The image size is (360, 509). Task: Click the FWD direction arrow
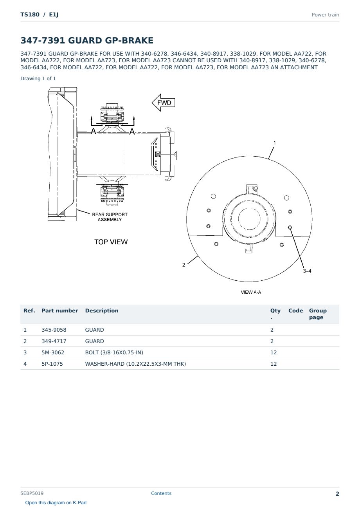pyautogui.click(x=164, y=103)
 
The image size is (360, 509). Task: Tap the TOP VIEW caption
pyautogui.click(x=111, y=242)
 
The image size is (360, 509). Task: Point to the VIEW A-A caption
pyautogui.click(x=251, y=292)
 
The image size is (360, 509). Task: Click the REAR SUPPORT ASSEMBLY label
pyautogui.click(x=110, y=217)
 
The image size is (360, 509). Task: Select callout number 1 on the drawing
pyautogui.click(x=275, y=143)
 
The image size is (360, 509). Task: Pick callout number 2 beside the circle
pyautogui.click(x=184, y=265)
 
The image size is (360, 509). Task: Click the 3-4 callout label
pyautogui.click(x=307, y=271)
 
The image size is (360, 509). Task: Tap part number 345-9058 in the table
pyautogui.click(x=54, y=330)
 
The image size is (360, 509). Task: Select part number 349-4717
pyautogui.click(x=54, y=341)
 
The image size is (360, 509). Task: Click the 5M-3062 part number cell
pyautogui.click(x=53, y=352)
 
